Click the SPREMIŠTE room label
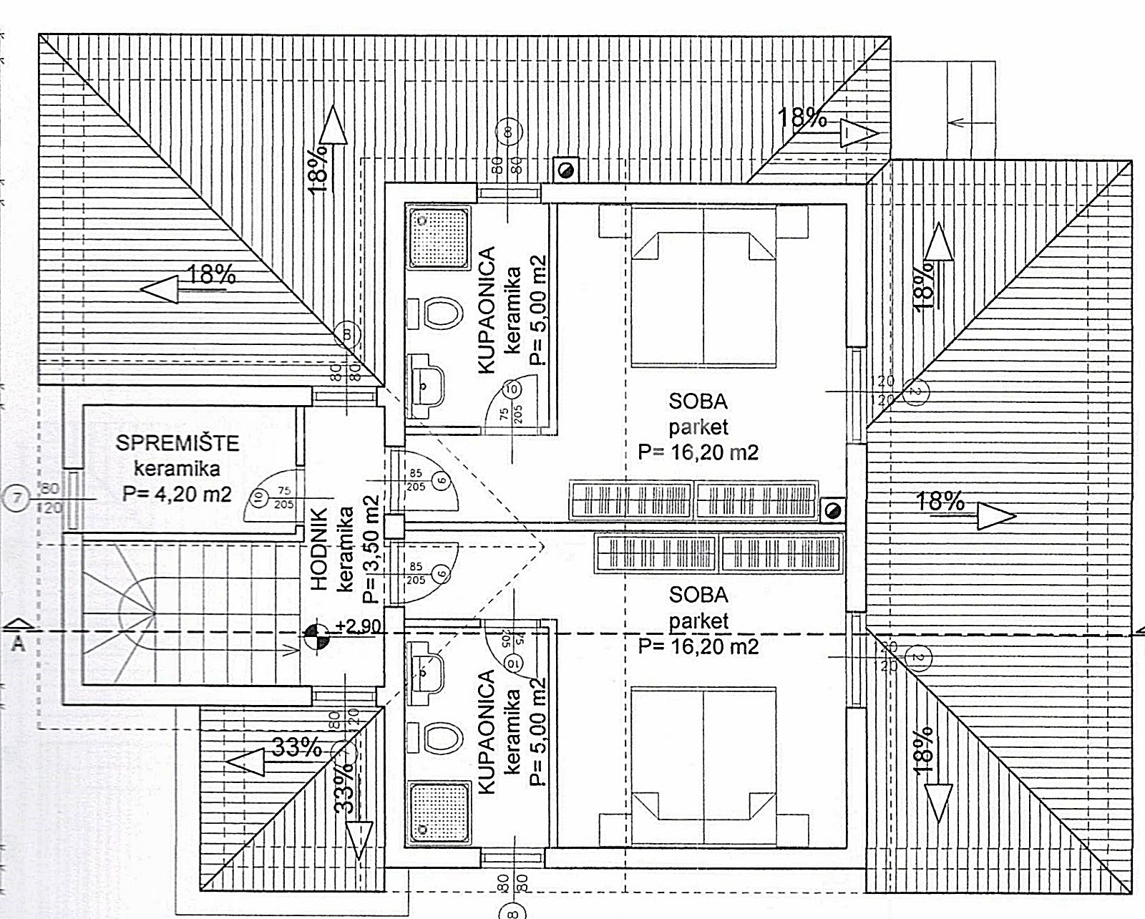pos(177,443)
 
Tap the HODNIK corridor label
pos(319,550)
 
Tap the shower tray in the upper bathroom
pos(438,238)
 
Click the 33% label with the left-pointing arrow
pos(296,749)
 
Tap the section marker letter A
pos(19,643)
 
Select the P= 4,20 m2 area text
pos(177,494)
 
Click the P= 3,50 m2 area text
pos(370,550)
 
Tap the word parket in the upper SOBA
pos(698,427)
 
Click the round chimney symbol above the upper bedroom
pos(567,170)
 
